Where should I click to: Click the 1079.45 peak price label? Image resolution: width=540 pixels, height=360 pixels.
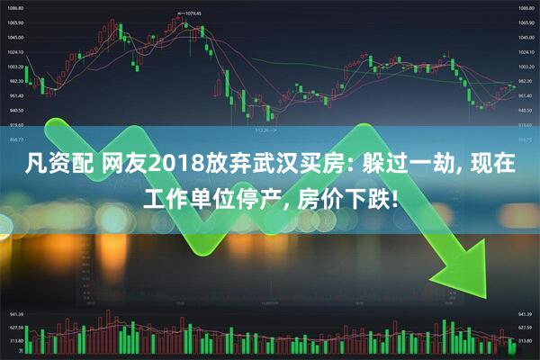[190, 13]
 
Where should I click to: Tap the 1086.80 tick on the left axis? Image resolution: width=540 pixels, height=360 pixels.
[16, 8]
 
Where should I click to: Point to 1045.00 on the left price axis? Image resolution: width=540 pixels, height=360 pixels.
[16, 38]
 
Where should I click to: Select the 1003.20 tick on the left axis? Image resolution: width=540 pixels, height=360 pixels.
[16, 67]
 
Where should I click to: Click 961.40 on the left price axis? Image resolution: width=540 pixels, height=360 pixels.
[16, 95]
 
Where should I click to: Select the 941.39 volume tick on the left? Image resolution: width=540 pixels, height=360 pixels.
[15, 316]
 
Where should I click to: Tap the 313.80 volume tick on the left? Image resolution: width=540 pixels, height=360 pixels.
[15, 342]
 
